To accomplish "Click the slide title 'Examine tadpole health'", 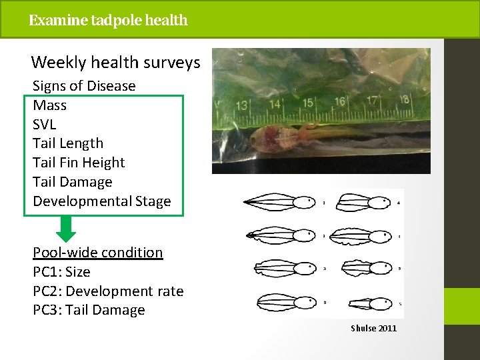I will click(108, 20).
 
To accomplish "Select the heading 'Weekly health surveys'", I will click(115, 63).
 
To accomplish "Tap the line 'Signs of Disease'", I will click(84, 86).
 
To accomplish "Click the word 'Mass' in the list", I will click(50, 105).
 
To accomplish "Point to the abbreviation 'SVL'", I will click(45, 125).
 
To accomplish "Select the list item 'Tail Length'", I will click(68, 143).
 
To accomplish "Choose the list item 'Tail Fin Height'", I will click(79, 163).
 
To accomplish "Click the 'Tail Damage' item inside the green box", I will click(73, 182).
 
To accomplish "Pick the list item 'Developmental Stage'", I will click(102, 201).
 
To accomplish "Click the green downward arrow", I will click(66, 229).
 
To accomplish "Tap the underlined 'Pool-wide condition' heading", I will click(98, 253).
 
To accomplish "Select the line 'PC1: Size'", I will click(61, 272).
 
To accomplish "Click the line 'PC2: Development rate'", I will click(108, 291).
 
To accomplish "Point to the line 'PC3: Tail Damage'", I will click(89, 310).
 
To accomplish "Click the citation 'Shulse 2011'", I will click(374, 328).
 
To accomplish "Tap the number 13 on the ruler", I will click(242, 105).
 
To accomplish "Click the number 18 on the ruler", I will click(403, 99).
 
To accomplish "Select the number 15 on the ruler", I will click(308, 103).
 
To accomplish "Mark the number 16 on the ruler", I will click(340, 101).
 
